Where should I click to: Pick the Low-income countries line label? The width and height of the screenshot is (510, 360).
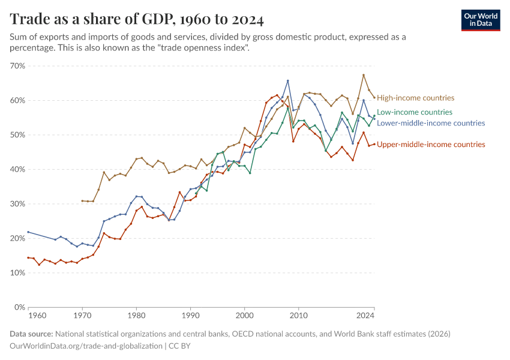[415, 112]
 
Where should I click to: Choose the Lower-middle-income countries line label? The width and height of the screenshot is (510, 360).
[431, 123]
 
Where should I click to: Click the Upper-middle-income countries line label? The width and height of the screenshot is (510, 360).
[431, 145]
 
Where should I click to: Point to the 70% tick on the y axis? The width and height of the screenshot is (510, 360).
[17, 66]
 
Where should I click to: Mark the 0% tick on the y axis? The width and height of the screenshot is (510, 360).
[20, 307]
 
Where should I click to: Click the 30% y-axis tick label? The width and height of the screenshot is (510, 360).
[17, 204]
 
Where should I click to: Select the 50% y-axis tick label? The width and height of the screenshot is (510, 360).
[17, 135]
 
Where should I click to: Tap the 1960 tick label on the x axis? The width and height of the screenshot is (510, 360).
[37, 315]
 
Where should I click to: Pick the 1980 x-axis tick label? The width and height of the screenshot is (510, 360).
[136, 315]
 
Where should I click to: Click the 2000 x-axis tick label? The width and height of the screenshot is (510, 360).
[244, 315]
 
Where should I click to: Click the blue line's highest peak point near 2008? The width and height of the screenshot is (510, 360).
[287, 80]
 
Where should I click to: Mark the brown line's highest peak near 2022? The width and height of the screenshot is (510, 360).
[364, 75]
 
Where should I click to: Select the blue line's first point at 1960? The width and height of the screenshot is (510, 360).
[28, 232]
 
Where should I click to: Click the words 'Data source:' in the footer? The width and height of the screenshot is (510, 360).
[31, 334]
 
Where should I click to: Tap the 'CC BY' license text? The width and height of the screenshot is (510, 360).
[179, 346]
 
